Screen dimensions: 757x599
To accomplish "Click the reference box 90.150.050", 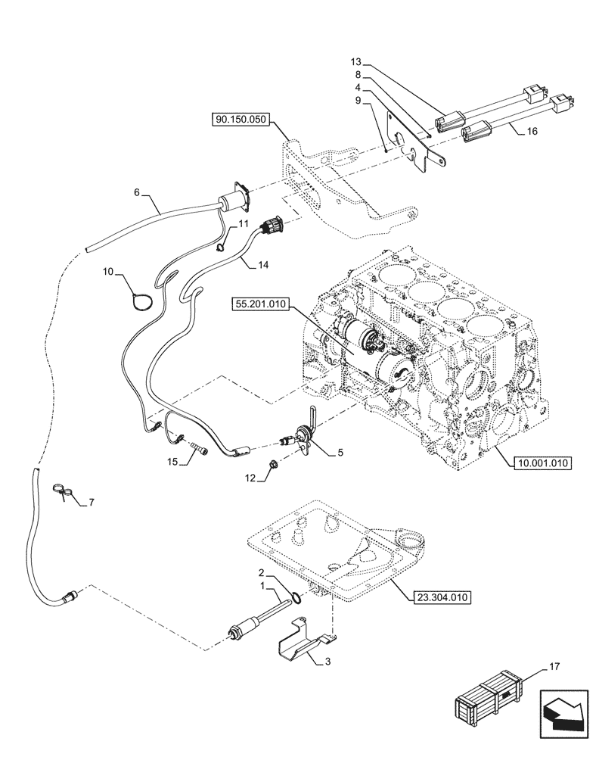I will pyautogui.click(x=240, y=120).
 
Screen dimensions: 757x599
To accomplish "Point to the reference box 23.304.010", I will pyautogui.click(x=442, y=597).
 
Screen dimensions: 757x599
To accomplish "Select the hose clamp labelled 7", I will pyautogui.click(x=64, y=493).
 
